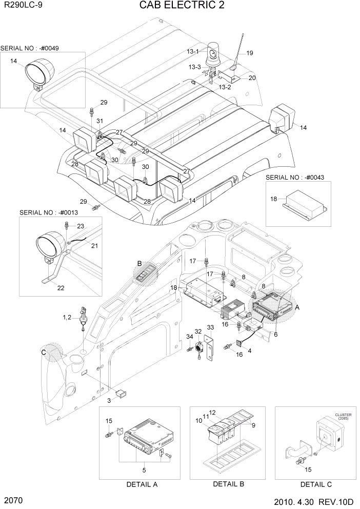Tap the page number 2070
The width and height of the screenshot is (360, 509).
tap(14, 499)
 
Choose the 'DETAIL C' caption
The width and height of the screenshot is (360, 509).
tap(316, 484)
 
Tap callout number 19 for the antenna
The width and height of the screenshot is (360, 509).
tap(250, 53)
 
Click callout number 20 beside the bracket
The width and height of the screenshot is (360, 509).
tap(252, 77)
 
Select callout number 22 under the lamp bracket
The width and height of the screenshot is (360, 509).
tap(61, 288)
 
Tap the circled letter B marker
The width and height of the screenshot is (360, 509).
tap(138, 263)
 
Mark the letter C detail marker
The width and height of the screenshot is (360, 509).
tap(44, 352)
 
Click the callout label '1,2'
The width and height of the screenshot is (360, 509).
tap(68, 318)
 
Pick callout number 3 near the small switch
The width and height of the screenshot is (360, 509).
tap(109, 400)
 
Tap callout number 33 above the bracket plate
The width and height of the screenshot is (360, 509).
tap(210, 327)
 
